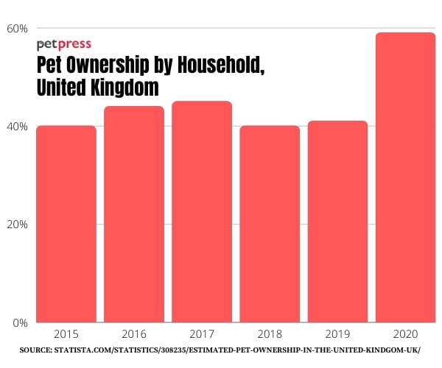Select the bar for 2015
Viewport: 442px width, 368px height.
pos(66,224)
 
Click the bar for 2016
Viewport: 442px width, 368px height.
pos(134,214)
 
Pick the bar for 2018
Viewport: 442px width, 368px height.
pos(270,224)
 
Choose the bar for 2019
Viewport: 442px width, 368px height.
pos(337,222)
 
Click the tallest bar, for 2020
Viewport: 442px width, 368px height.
pos(405,177)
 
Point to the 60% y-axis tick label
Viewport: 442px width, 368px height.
pos(18,29)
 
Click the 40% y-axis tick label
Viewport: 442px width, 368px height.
pos(18,127)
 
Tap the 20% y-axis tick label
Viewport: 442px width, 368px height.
pos(18,224)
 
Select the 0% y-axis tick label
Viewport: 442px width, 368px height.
pos(21,322)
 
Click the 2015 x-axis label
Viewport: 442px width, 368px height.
pos(66,333)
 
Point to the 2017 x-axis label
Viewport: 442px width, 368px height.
pos(202,333)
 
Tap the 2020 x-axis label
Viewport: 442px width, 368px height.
pos(405,333)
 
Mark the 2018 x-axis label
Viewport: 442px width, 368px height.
pos(270,333)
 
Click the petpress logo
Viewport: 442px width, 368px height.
pos(64,44)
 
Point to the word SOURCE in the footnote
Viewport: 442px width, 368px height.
pos(35,351)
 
